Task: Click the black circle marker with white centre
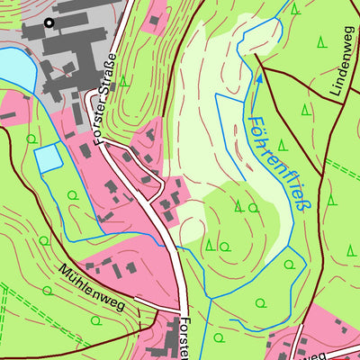click(x=49, y=23)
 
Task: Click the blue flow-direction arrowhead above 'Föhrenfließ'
click(x=258, y=78)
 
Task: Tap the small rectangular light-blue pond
click(x=49, y=159)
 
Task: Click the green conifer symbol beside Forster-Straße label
click(x=123, y=81)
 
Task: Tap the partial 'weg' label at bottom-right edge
click(x=314, y=355)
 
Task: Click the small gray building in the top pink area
click(x=156, y=19)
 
